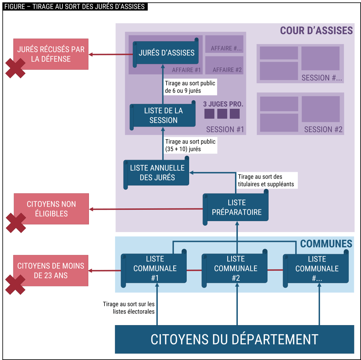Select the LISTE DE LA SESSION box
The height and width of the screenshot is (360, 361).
tap(163, 115)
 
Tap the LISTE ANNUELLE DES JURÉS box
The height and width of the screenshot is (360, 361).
tap(157, 173)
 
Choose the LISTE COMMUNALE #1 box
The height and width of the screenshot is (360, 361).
tap(155, 268)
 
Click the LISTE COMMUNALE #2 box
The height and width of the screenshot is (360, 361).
tap(235, 268)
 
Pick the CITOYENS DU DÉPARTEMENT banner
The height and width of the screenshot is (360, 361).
tap(234, 339)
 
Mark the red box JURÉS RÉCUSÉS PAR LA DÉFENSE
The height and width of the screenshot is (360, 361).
tap(51, 54)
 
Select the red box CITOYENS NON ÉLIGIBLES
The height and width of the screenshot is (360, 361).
tap(51, 209)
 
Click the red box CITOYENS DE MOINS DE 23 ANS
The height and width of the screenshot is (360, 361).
tap(51, 271)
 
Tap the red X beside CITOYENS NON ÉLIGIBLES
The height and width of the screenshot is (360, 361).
tap(16, 223)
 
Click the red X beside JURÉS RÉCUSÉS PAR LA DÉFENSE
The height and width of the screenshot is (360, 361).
tap(15, 68)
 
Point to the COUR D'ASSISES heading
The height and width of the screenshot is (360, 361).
tap(316, 31)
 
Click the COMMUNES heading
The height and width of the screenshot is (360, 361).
tap(326, 244)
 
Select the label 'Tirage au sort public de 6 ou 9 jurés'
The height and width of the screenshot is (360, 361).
tap(190, 87)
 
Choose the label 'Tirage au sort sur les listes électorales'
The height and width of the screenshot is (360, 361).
tap(128, 307)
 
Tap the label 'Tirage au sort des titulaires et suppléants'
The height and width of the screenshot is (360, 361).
tap(266, 180)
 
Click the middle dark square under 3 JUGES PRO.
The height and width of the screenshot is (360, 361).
tap(222, 114)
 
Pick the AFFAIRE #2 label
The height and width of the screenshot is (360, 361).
tap(227, 70)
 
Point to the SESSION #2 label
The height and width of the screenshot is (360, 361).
tap(323, 129)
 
